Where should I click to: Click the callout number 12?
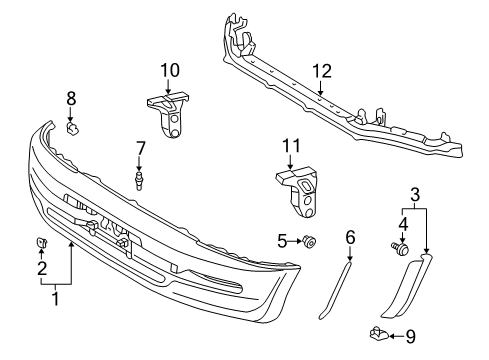322,71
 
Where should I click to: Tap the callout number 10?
170,70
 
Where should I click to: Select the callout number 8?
71,99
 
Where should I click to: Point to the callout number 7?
140,148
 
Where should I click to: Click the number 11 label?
291,146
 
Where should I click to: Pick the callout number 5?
282,241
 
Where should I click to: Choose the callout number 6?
350,237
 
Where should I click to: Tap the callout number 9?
411,337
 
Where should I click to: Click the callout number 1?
56,298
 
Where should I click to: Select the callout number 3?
415,195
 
